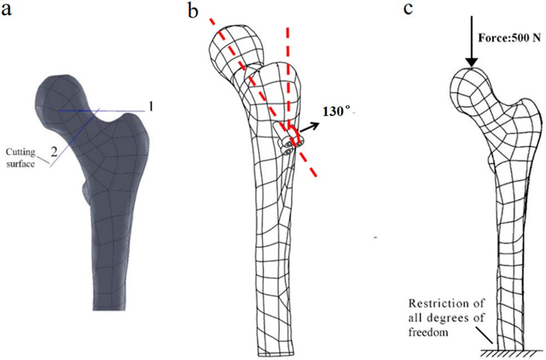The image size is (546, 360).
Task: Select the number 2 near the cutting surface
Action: [x=54, y=150]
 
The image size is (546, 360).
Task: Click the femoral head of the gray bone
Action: [x=59, y=96]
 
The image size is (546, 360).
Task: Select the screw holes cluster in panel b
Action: [x=288, y=146]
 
